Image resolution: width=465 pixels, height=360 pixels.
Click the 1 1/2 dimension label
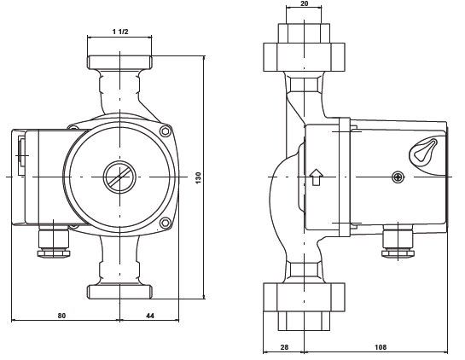coord(120,32)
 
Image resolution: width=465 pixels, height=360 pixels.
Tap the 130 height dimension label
coord(199,177)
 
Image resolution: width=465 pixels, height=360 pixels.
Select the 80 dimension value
coord(61,316)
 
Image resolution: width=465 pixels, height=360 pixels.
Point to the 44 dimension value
coord(150,316)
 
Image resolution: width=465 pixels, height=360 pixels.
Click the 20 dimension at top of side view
coord(305,3)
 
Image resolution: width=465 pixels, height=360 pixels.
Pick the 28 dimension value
coord(284,347)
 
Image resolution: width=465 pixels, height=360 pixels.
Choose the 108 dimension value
coord(381,347)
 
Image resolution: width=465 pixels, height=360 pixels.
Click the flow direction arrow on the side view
coord(317,177)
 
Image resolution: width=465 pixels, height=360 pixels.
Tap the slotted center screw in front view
coord(119,177)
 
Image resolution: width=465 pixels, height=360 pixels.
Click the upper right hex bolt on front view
coord(166,131)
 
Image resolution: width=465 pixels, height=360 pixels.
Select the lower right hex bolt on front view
coord(166,223)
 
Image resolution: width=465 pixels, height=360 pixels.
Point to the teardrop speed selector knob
coord(424,151)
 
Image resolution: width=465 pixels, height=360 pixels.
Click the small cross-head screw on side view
coord(398,177)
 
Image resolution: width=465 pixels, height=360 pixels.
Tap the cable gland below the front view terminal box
coord(54,242)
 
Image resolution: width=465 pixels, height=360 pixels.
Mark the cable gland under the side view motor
coord(398,241)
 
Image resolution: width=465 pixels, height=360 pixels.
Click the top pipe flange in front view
coord(119,62)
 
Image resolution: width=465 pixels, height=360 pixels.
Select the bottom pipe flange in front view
coord(119,292)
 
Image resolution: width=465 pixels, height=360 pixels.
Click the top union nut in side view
coord(305,57)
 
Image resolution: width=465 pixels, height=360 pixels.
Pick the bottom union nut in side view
coord(305,297)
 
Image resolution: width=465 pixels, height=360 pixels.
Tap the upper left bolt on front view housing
coord(73,128)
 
